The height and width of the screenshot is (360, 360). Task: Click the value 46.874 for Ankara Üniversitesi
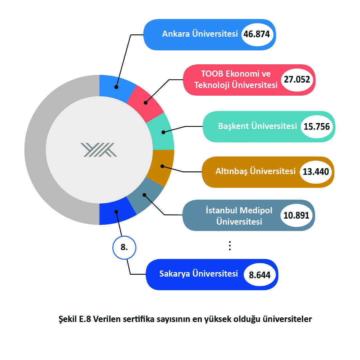[257, 34]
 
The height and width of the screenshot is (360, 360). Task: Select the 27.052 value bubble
[297, 80]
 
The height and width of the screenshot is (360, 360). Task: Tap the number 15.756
[317, 127]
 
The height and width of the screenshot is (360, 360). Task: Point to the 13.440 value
[316, 172]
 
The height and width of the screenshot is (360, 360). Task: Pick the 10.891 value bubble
[296, 215]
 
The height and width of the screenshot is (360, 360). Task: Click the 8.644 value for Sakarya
[260, 275]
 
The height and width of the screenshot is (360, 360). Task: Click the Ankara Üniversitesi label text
[200, 34]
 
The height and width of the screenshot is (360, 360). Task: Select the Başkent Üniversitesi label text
[257, 126]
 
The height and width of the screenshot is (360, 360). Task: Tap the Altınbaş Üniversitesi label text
[255, 171]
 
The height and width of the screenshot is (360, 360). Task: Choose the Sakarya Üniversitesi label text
[198, 274]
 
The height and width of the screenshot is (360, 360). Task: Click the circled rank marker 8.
[124, 247]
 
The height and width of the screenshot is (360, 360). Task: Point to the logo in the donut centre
[99, 150]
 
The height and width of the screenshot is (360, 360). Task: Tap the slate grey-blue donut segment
[145, 196]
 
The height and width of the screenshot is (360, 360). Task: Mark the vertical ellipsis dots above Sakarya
[230, 246]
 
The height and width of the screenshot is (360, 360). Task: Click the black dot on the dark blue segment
[116, 212]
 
